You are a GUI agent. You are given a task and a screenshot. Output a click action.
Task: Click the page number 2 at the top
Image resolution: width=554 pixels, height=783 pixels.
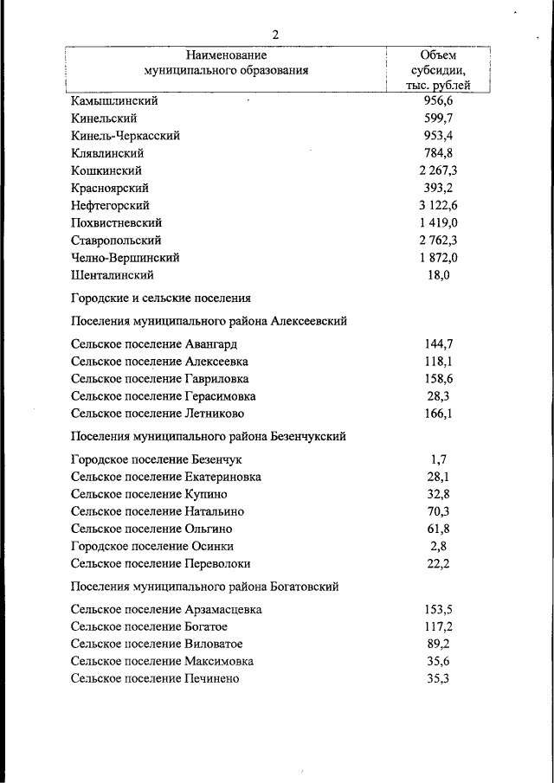point(275,35)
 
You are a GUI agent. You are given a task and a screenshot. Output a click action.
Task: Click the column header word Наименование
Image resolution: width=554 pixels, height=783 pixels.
point(226,55)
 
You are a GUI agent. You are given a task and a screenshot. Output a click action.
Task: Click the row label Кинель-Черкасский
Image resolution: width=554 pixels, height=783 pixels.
point(126,136)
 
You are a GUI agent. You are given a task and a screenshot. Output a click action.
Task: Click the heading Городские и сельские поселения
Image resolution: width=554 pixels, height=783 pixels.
point(161,298)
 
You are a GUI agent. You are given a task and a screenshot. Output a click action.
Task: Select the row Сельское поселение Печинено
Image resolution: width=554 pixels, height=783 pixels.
point(155,678)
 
